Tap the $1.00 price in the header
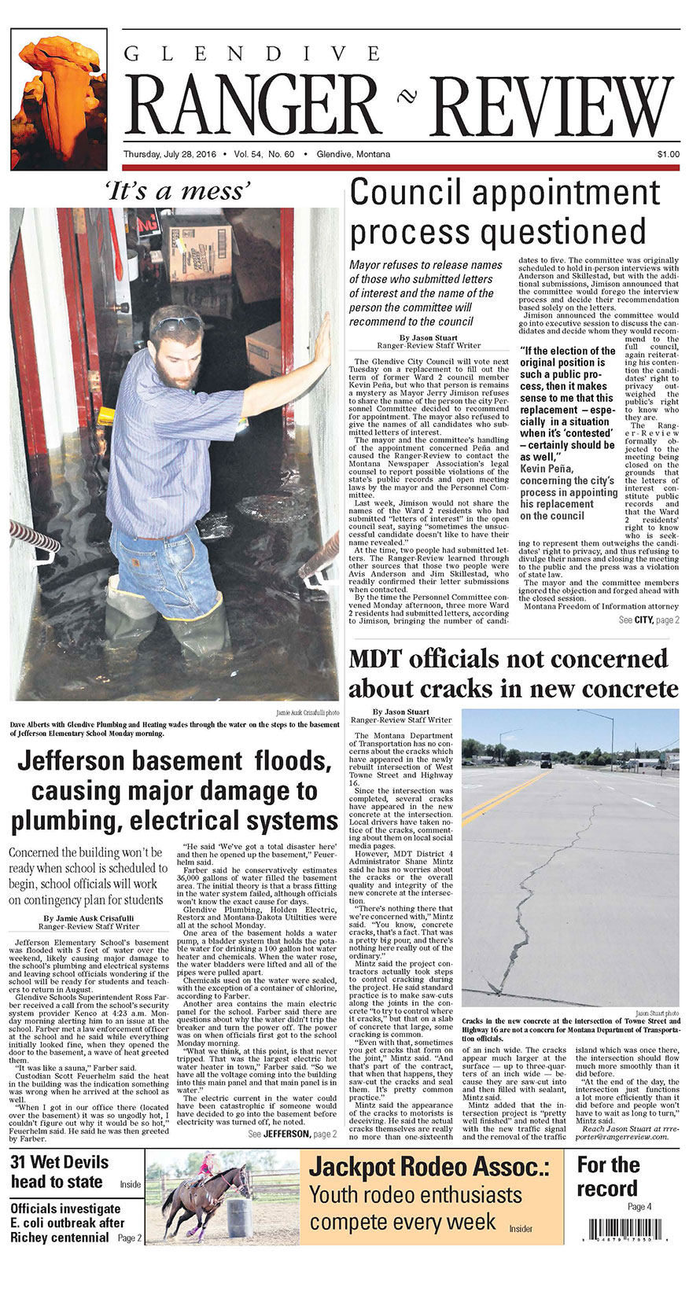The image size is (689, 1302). [x=668, y=154]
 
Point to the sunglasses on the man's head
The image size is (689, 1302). [x=179, y=322]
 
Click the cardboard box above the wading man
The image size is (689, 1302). [x=201, y=252]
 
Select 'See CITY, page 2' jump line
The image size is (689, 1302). [x=649, y=620]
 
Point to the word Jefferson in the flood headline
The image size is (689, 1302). [x=84, y=761]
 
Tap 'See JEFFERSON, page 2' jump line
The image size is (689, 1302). [x=292, y=1134]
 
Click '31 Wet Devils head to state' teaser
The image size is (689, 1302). [x=59, y=1171]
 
